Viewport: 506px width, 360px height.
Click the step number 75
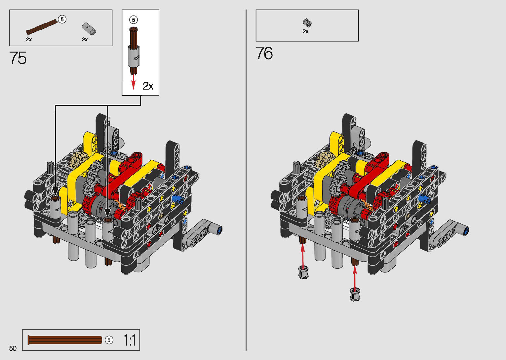coord(18,58)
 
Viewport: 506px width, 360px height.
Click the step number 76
coord(264,53)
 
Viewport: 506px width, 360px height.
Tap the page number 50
coord(13,348)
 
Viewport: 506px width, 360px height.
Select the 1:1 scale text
coord(130,340)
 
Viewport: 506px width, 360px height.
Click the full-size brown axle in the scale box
coord(65,340)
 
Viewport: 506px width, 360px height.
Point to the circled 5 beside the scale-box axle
coord(109,340)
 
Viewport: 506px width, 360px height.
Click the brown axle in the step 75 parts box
coord(42,27)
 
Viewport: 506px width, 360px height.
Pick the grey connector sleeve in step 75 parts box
coord(89,29)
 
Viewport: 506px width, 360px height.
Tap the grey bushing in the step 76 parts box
coord(307,22)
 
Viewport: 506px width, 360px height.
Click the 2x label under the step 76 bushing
coord(305,31)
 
